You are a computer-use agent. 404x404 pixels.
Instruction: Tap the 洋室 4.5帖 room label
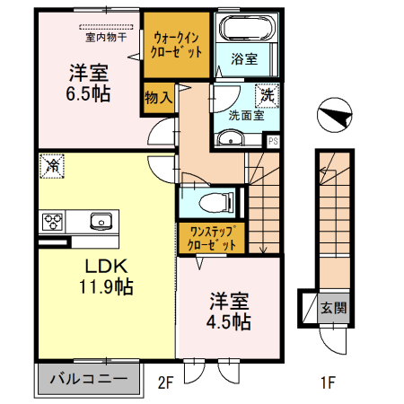[231, 310]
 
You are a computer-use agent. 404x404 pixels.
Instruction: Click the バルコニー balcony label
[88, 377]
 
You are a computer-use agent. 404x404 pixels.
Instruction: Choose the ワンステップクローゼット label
[211, 238]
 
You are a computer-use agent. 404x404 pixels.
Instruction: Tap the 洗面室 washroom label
[245, 114]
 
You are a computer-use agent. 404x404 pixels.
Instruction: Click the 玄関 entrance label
[333, 307]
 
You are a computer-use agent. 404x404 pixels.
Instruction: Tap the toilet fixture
[213, 199]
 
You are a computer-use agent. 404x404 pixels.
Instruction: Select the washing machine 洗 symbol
[268, 93]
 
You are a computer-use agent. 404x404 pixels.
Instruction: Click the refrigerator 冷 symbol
[52, 166]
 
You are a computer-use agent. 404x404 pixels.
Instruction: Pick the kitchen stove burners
[51, 221]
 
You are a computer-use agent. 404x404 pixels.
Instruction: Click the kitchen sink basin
[98, 221]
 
